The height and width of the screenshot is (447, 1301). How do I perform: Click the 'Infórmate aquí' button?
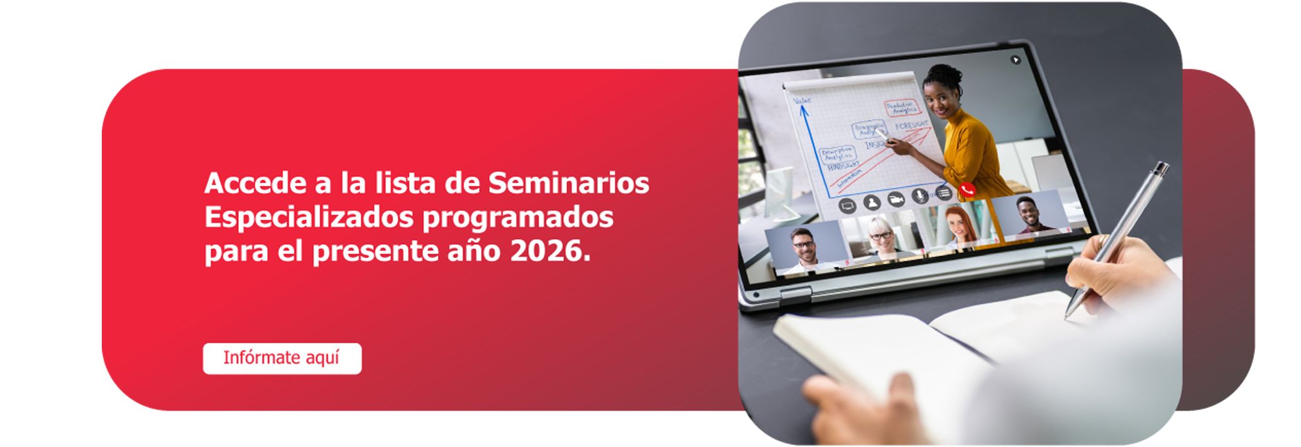(x=282, y=358)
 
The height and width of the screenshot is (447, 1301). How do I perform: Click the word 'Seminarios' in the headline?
(x=569, y=183)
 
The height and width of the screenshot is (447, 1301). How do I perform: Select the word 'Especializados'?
(x=309, y=217)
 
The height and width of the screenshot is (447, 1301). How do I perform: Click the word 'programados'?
(x=517, y=217)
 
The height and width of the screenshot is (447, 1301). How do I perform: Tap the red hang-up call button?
(x=967, y=189)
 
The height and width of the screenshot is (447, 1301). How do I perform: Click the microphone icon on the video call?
(x=919, y=196)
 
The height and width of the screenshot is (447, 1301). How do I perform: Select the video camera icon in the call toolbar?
(x=896, y=200)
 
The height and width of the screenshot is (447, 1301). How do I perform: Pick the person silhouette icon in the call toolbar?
(x=872, y=202)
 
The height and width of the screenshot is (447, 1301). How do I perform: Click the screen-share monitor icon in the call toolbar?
(x=848, y=205)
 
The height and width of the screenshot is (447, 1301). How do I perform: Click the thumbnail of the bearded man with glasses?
(x=804, y=247)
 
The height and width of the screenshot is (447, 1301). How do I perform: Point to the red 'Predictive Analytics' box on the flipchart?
(x=901, y=107)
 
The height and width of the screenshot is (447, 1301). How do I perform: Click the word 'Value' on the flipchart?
(x=802, y=100)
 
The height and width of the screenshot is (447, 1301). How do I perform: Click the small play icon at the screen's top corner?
(x=1015, y=60)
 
